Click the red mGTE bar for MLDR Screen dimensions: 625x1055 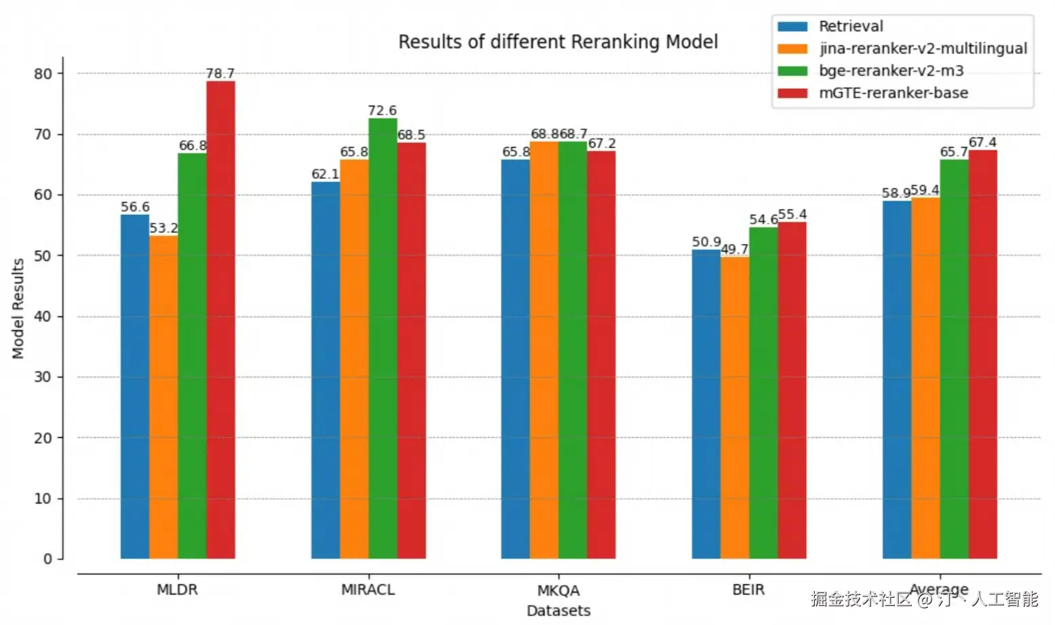pos(220,319)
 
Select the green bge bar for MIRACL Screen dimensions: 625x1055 pos(383,338)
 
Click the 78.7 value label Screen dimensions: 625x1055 pos(220,73)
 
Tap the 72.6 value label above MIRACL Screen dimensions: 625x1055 pos(382,110)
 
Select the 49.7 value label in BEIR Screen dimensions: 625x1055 pos(734,249)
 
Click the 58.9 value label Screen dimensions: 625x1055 pos(896,193)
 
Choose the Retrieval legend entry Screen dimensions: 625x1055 pos(851,26)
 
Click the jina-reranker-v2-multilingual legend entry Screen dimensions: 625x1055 pos(922,49)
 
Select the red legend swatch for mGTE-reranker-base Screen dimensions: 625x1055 pos(792,94)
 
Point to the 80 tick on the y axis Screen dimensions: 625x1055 pos(43,74)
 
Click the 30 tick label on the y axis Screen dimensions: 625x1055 pos(43,377)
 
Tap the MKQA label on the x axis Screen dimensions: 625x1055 pos(558,590)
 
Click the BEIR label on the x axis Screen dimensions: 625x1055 pos(748,590)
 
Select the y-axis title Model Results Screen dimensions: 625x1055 pos(18,308)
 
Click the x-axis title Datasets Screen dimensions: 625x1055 pos(558,611)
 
